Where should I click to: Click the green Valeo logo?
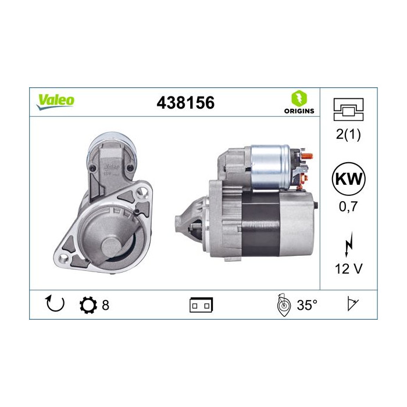[55, 102]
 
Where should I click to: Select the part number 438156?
[185, 102]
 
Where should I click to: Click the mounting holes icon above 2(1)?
[348, 109]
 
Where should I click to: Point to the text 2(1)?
[348, 134]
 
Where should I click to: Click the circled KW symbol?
[349, 179]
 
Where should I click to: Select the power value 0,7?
[348, 206]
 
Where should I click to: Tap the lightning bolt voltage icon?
[349, 245]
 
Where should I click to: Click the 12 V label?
[348, 269]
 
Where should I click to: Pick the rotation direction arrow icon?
[55, 304]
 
